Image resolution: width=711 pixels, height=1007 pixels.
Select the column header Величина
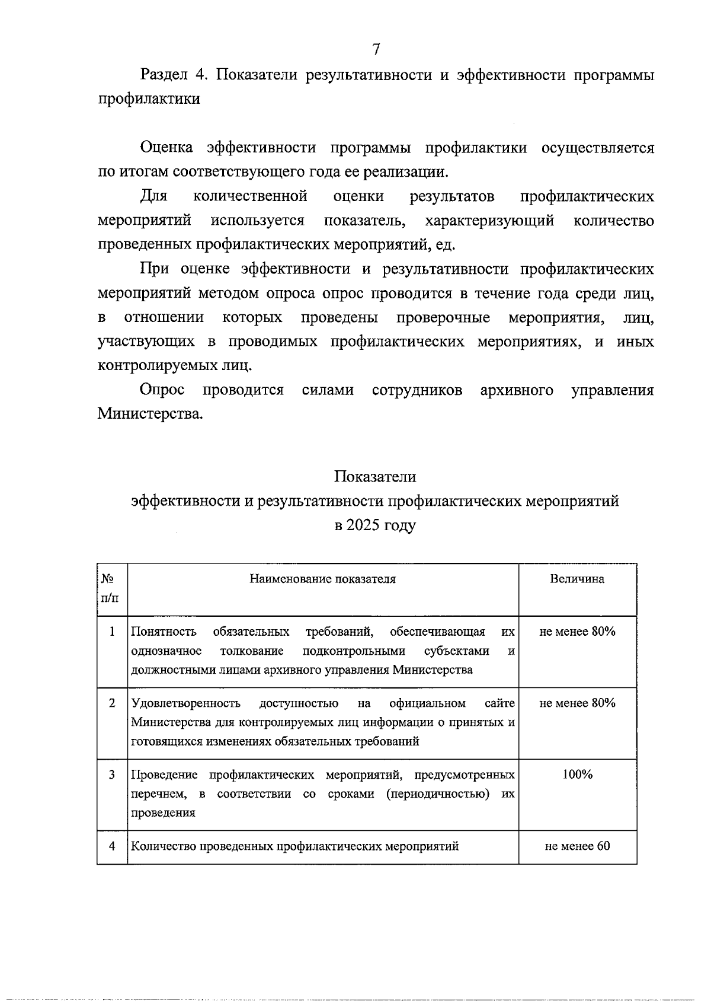click(x=577, y=579)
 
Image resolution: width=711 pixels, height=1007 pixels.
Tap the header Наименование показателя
click(x=322, y=579)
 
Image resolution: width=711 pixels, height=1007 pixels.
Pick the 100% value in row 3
click(x=577, y=775)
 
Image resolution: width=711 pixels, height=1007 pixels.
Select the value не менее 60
click(x=577, y=846)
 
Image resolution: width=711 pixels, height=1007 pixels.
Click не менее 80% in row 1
click(x=577, y=632)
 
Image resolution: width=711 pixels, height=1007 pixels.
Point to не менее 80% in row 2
click(x=577, y=703)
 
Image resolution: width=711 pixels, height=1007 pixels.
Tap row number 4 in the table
click(x=112, y=846)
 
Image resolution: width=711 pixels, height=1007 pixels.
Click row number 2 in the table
click(x=112, y=703)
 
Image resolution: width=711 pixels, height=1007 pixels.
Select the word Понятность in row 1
click(x=164, y=632)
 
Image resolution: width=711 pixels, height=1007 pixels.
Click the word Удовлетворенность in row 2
click(x=185, y=704)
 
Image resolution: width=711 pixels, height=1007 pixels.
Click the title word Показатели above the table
click(x=374, y=477)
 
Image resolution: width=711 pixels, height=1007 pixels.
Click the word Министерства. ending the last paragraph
click(x=150, y=414)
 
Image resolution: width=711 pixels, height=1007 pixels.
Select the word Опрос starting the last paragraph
click(x=162, y=390)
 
